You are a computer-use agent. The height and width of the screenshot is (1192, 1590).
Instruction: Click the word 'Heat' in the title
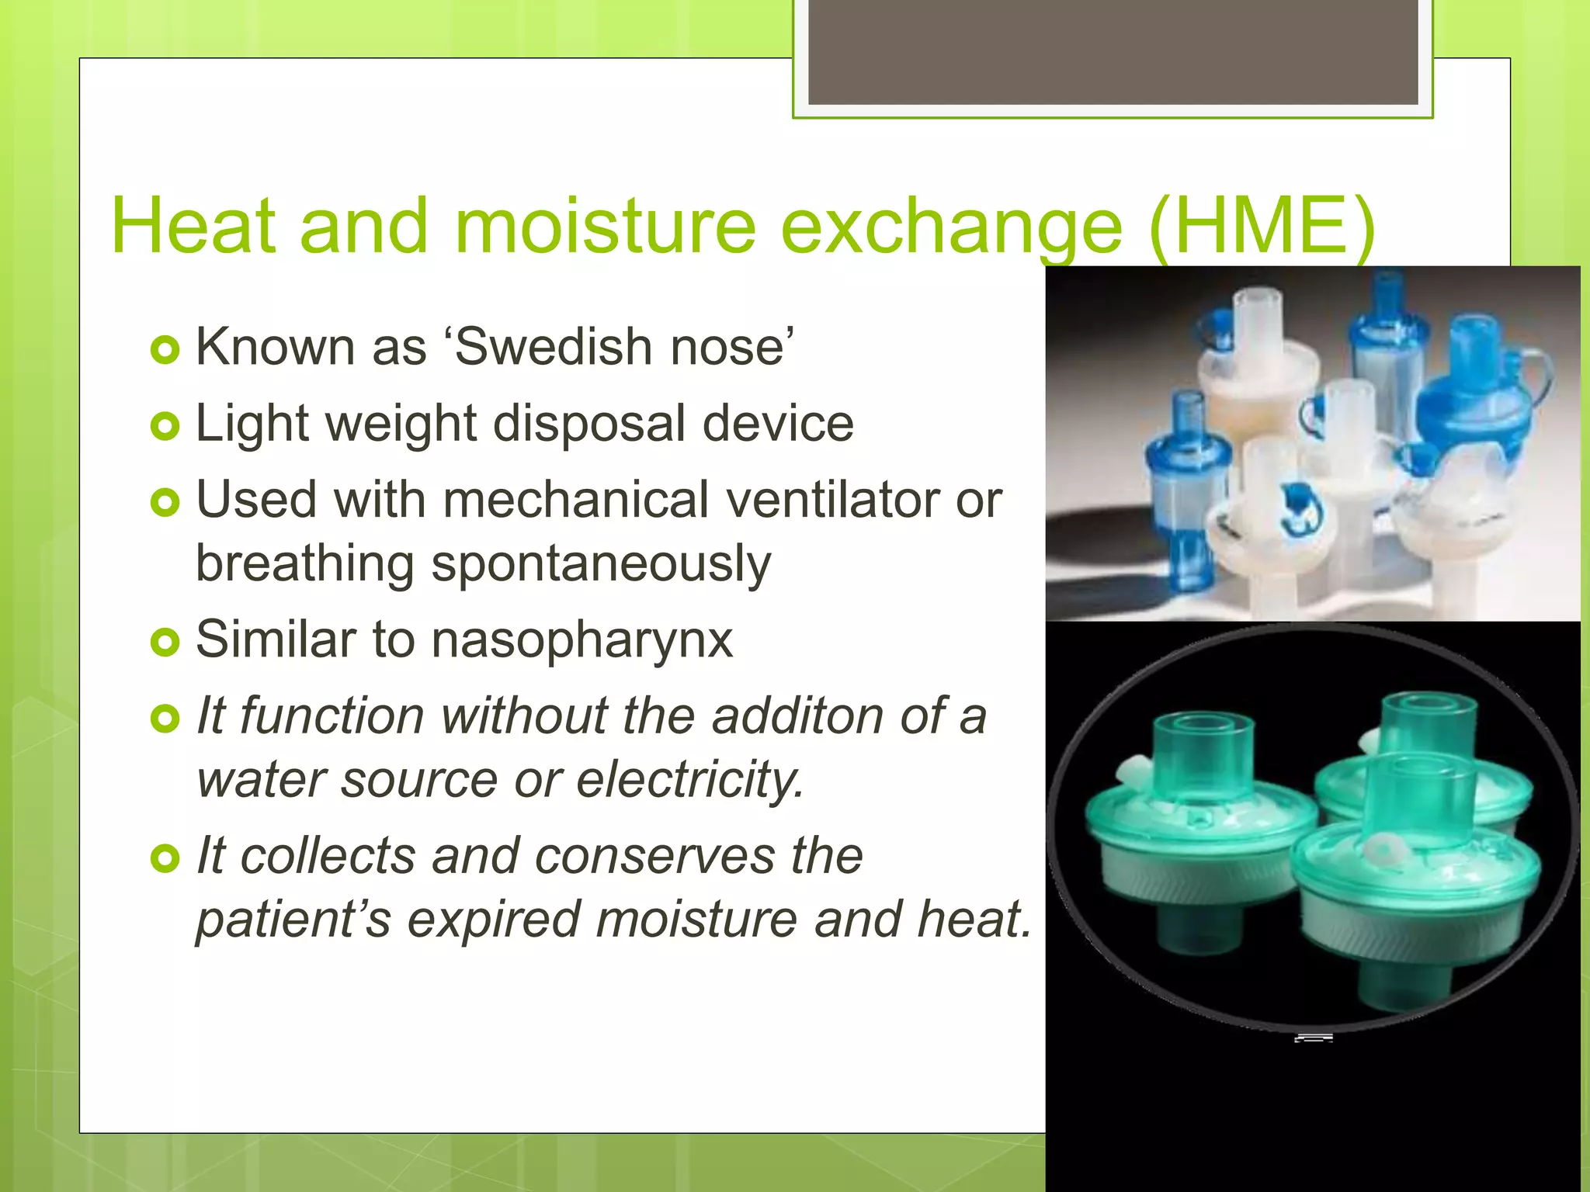(193, 226)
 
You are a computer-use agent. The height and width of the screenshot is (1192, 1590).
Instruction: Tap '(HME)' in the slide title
(1262, 226)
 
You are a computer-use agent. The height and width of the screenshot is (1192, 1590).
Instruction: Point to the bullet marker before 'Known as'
(165, 350)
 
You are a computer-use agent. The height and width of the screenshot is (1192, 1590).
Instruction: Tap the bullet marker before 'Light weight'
(165, 426)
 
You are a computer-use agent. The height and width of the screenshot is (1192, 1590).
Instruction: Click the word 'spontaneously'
(600, 563)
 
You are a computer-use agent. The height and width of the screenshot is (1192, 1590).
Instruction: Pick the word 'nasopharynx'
(581, 639)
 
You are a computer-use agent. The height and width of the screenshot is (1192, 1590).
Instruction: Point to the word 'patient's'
(293, 919)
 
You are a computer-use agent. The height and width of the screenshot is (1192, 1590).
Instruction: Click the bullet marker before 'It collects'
(165, 858)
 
